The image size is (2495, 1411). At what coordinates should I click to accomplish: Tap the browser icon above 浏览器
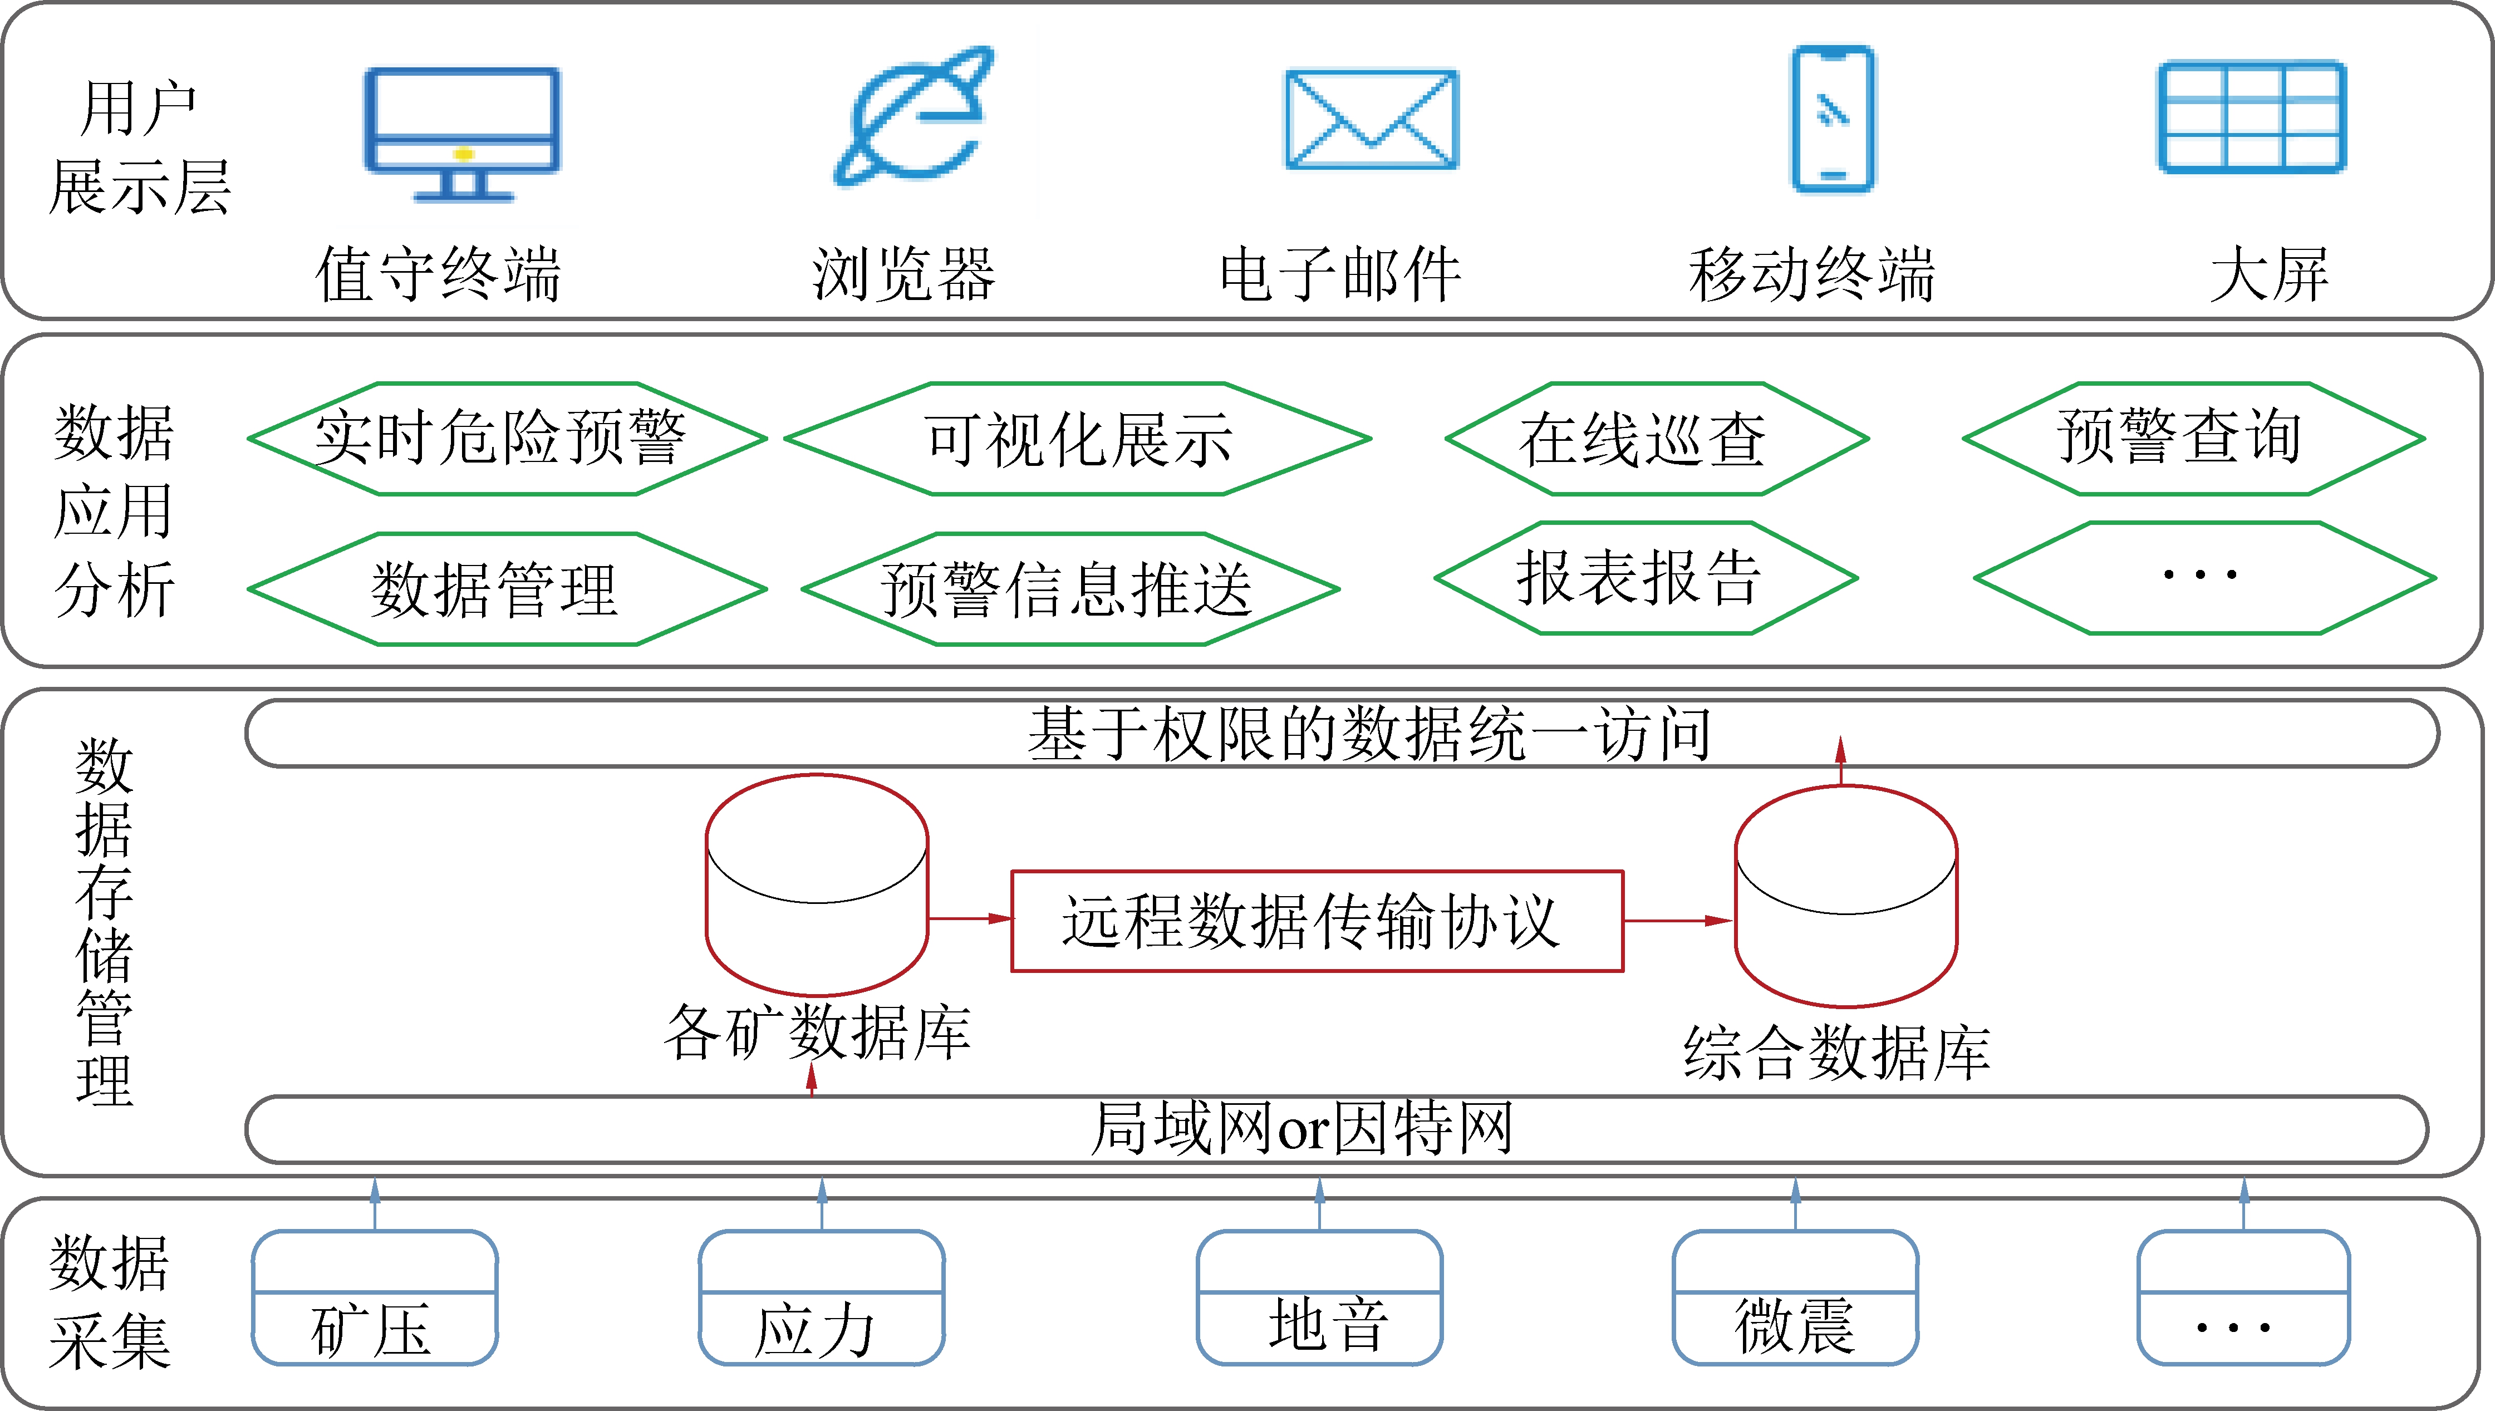913,116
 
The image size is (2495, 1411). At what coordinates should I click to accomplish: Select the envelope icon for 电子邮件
1371,119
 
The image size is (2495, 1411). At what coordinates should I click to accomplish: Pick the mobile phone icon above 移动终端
1832,118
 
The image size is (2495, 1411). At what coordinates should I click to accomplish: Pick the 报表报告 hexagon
1646,578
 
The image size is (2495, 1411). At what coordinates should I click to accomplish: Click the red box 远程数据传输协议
1317,921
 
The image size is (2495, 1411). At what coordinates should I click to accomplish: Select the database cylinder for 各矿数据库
817,884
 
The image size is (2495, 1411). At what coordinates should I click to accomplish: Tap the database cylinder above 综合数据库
1846,896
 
